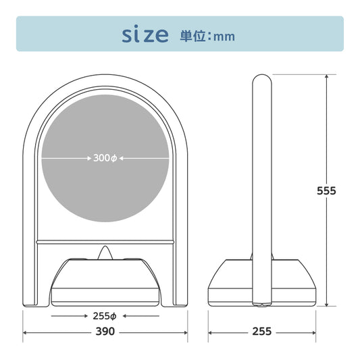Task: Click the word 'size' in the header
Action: [145, 34]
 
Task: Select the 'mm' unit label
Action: [224, 37]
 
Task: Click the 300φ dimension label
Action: [105, 158]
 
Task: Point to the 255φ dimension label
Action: [105, 316]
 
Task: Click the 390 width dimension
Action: [105, 332]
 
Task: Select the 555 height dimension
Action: [326, 190]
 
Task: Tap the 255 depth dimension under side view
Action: [262, 332]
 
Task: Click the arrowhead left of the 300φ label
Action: [90, 158]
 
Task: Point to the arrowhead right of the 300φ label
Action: [121, 158]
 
